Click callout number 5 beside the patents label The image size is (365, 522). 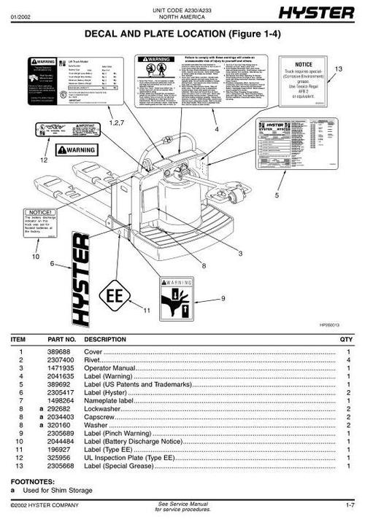(x=277, y=195)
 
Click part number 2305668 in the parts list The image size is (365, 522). (x=60, y=465)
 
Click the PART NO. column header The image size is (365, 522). (x=61, y=340)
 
